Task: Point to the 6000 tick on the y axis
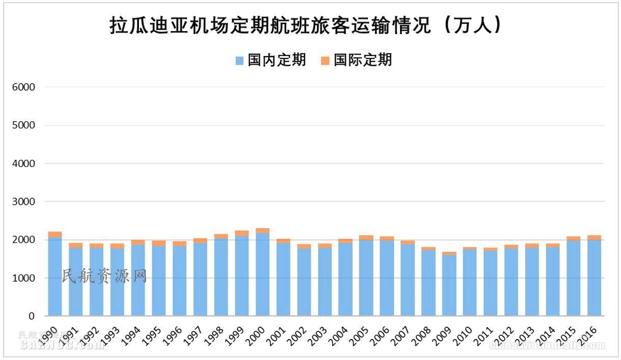pyautogui.click(x=24, y=87)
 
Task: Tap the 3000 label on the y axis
pyautogui.click(x=24, y=202)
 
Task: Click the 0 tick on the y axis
pyautogui.click(x=31, y=316)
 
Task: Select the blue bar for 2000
pyautogui.click(x=263, y=275)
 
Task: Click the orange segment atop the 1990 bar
pyautogui.click(x=55, y=234)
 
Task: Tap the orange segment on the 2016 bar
pyautogui.click(x=594, y=237)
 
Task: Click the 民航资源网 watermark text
pyautogui.click(x=104, y=276)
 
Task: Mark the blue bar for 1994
pyautogui.click(x=138, y=280)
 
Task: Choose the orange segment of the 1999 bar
pyautogui.click(x=242, y=233)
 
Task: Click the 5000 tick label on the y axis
pyautogui.click(x=24, y=125)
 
